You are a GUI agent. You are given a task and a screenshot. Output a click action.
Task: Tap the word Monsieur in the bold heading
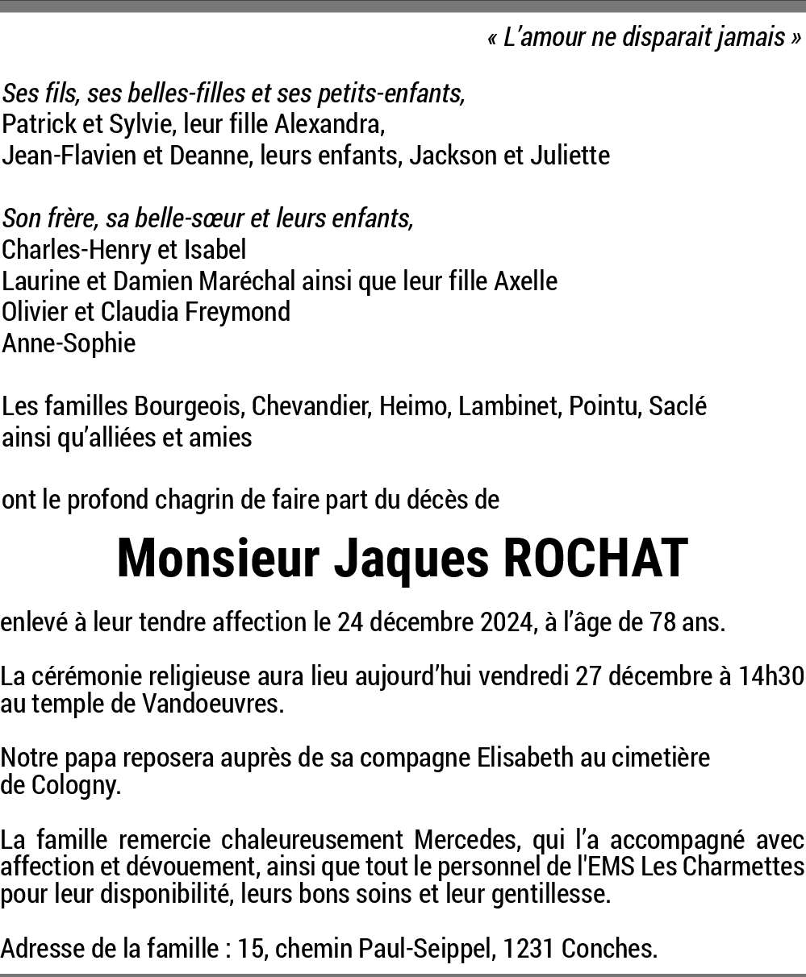pyautogui.click(x=219, y=559)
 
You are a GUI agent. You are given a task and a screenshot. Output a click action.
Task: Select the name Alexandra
pyautogui.click(x=329, y=125)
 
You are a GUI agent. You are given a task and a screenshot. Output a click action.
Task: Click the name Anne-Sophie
pyautogui.click(x=69, y=343)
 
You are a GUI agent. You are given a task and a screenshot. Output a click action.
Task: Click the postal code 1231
pyautogui.click(x=528, y=949)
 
